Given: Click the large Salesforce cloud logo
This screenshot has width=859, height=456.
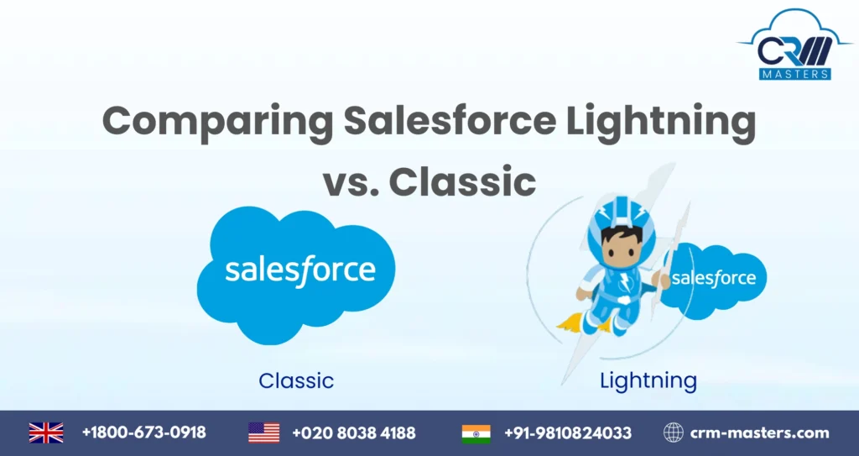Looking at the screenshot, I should click(x=296, y=273).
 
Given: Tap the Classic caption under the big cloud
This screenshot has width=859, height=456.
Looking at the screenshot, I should click(x=296, y=380).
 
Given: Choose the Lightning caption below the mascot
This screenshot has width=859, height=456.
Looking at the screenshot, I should click(x=648, y=380).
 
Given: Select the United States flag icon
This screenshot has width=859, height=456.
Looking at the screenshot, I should click(x=263, y=433).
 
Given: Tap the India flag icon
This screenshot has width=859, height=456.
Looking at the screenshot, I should click(x=476, y=433).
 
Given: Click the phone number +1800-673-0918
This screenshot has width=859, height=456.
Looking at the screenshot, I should click(x=143, y=433).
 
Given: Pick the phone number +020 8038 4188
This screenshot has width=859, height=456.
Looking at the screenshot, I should click(x=353, y=433).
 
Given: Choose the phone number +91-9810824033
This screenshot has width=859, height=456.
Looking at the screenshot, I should click(x=568, y=433).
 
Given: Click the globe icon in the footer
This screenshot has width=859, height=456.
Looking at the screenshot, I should click(x=673, y=433).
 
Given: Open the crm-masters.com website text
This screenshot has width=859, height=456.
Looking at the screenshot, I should click(x=758, y=433).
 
